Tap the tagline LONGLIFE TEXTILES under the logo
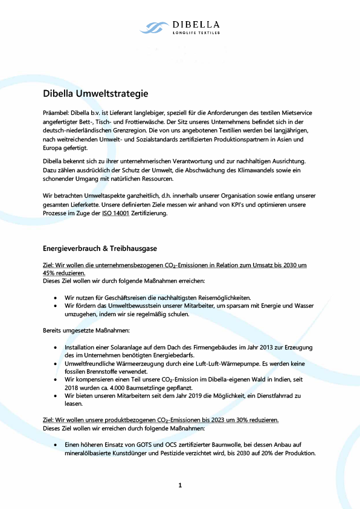point(196,33)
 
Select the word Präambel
point(56,112)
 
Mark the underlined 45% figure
point(50,273)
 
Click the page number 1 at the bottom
point(180,485)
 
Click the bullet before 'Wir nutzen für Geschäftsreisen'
point(56,298)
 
